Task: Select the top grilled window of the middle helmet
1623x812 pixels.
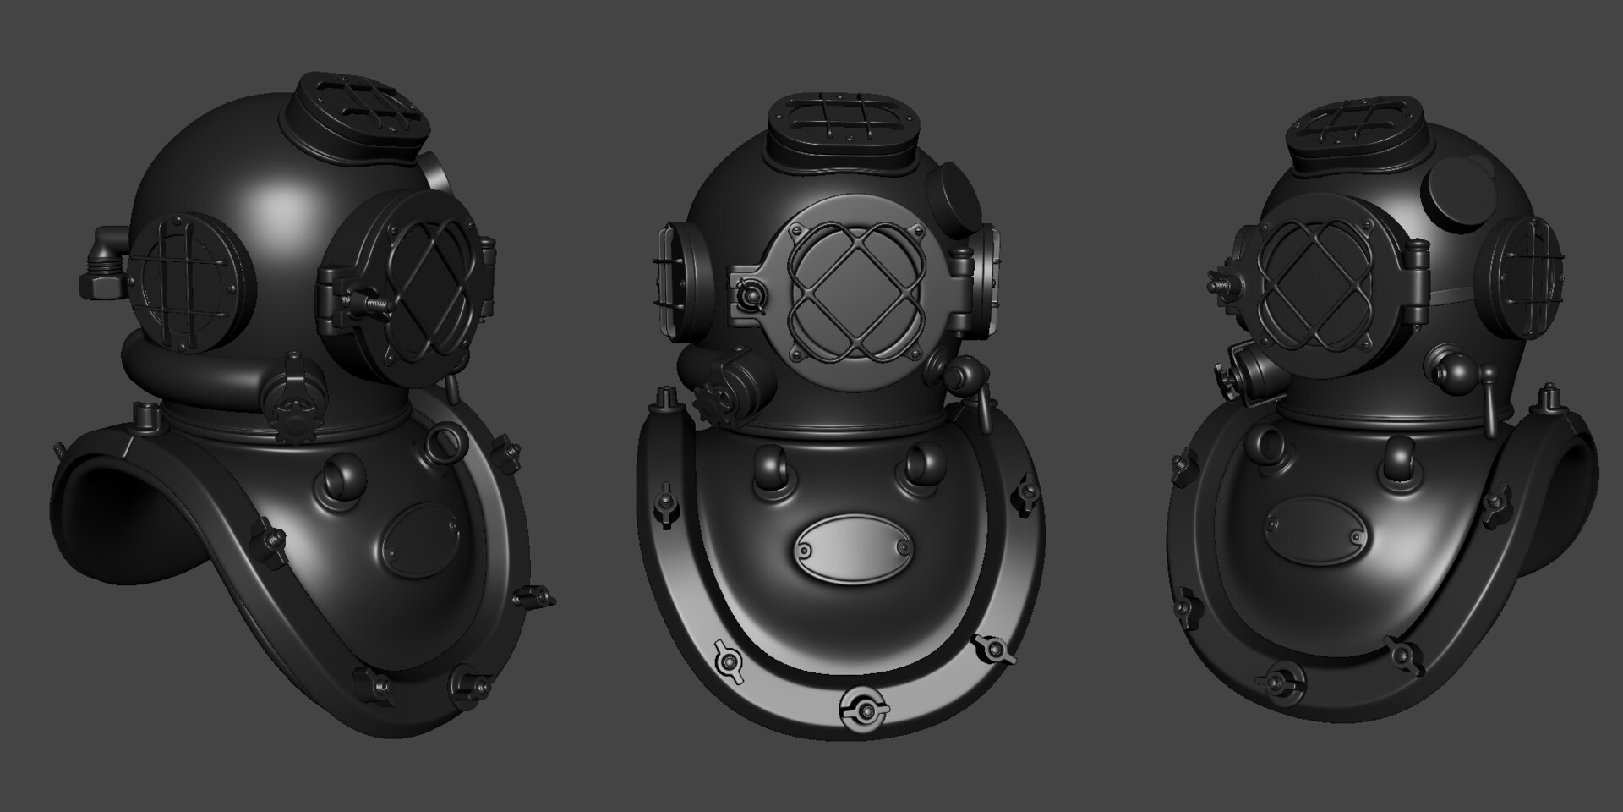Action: [x=842, y=128]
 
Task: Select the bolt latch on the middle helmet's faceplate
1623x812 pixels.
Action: [x=748, y=296]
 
